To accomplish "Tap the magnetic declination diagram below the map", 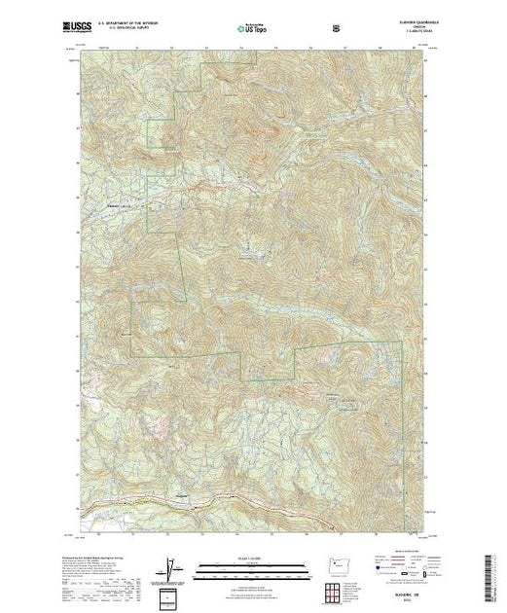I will pyautogui.click(x=171, y=566).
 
